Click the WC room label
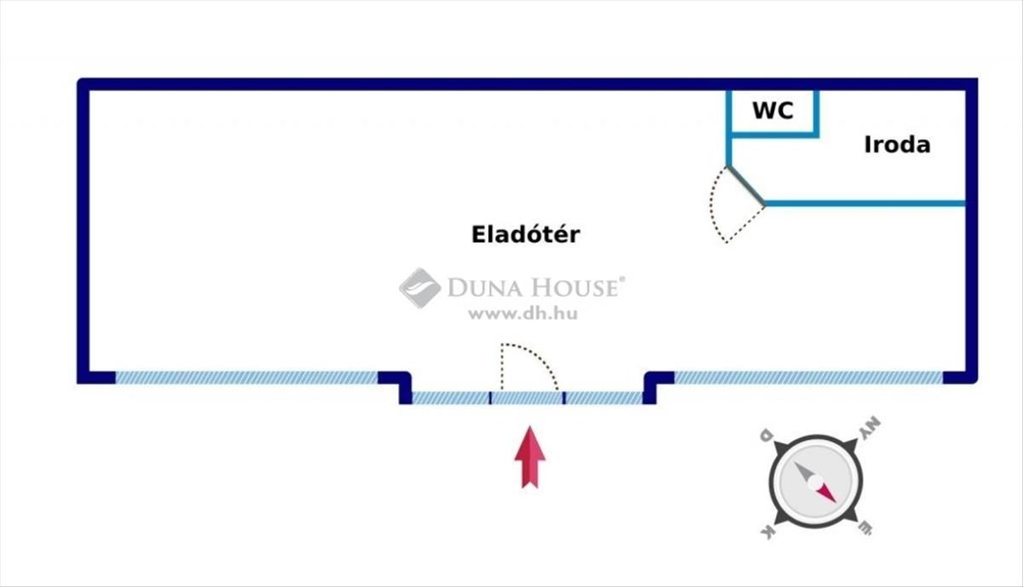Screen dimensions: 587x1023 772,110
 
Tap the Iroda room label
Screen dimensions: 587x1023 897,145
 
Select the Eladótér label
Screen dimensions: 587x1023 525,234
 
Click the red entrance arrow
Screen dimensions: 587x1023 529,458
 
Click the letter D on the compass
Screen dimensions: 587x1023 766,436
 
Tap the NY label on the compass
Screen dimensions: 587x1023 869,428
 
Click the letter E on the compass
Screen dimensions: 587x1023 864,530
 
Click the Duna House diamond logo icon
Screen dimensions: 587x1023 419,288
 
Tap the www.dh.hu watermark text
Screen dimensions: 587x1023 523,314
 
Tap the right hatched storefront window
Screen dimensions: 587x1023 807,377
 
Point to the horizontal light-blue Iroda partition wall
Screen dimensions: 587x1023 864,204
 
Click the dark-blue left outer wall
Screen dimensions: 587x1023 83,230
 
